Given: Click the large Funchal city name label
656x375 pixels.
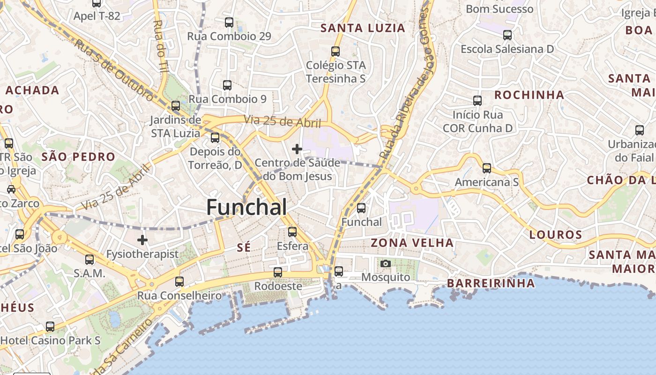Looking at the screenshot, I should coord(246,207).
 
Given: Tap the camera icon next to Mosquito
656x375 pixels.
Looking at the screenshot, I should coord(386,263).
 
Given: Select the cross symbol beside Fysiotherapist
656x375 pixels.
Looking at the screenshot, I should coord(142,240).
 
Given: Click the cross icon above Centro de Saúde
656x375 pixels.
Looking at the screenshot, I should coord(297,149).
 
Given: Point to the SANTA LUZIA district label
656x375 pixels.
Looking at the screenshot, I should coord(363,28).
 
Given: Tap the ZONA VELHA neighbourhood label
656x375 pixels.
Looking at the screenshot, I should coord(412,243).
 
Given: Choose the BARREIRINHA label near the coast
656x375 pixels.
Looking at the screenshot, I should coord(491,283).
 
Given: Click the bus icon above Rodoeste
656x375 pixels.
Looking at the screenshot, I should coord(278,272).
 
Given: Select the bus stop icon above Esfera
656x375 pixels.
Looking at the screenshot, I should coord(292,232).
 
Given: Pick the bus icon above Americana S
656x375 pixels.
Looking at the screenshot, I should coord(487,168).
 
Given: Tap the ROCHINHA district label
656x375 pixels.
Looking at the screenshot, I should coord(529,95).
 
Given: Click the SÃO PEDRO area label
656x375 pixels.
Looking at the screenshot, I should coord(78,157).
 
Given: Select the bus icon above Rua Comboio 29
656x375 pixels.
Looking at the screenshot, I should coord(229,22).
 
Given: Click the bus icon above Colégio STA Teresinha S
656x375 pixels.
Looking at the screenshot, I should coord(335,52).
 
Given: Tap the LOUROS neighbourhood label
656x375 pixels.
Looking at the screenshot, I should coord(556,235).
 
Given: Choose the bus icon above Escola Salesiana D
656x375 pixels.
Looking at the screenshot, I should coord(507,35).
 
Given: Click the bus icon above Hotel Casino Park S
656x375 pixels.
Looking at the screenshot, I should coord(50,327).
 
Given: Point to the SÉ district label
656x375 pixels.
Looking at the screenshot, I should coord(244,247).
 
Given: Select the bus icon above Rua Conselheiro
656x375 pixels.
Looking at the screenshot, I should coord(179,282).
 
